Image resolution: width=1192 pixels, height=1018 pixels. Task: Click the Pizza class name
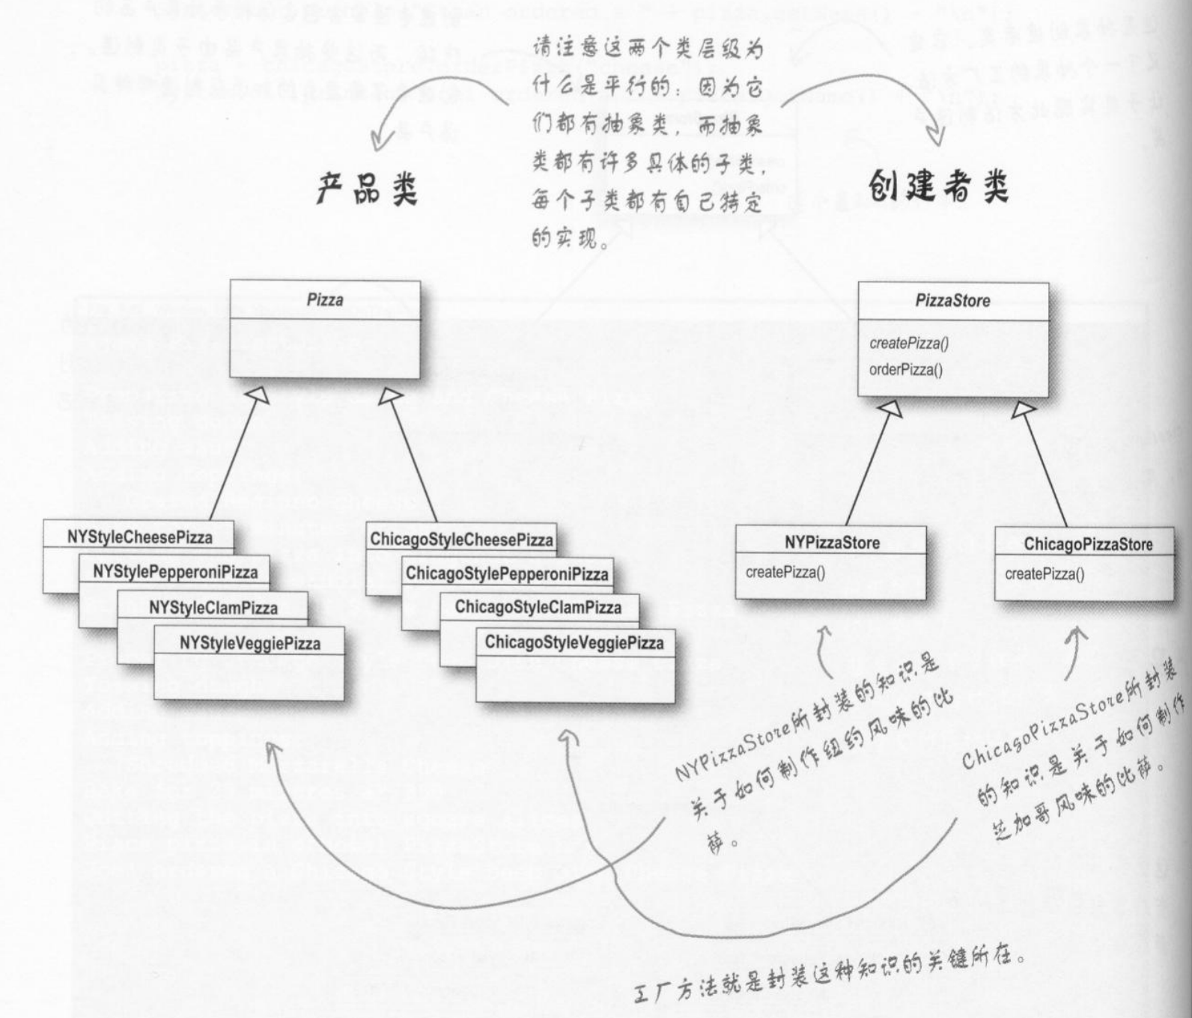(325, 300)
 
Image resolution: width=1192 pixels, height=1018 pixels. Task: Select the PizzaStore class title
(952, 301)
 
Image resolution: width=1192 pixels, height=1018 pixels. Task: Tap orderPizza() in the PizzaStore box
(906, 370)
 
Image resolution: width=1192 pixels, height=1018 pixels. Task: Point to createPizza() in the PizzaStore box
(909, 344)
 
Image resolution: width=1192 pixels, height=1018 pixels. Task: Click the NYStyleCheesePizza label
(139, 537)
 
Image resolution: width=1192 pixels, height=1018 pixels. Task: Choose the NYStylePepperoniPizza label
(175, 572)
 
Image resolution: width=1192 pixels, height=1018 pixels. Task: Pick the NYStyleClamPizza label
(213, 608)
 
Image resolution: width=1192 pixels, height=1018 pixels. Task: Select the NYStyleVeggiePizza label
(249, 644)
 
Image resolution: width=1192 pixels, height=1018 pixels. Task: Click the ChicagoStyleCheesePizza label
(461, 540)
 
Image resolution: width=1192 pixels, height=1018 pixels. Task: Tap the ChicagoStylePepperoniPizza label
(507, 574)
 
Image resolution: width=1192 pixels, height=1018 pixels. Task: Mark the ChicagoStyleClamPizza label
(538, 607)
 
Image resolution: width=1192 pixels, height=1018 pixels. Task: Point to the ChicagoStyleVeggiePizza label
(574, 642)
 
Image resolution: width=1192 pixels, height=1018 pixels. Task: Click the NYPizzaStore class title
(832, 543)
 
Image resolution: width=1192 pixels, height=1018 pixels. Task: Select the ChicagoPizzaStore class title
(1088, 544)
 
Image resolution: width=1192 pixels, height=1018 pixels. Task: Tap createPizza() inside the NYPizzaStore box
(785, 573)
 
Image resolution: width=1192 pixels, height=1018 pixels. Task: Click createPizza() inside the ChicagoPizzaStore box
(1044, 574)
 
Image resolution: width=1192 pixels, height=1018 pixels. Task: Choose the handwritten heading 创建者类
(938, 186)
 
